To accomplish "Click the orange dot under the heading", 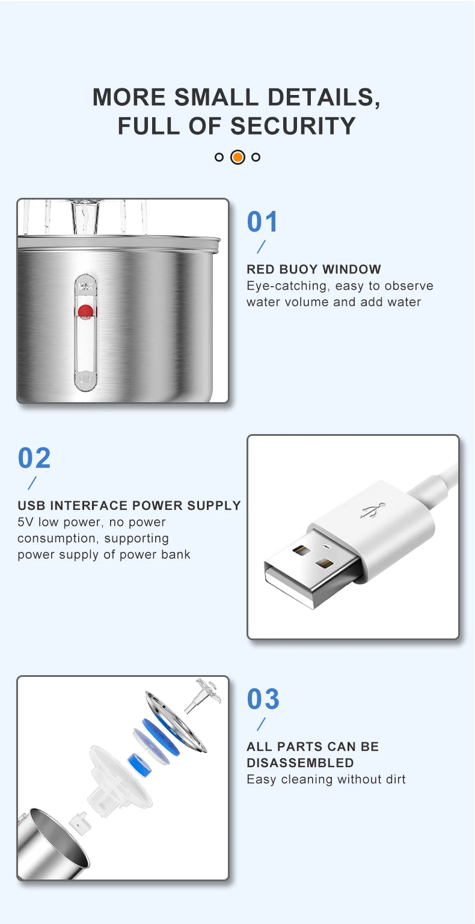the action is coord(237,157).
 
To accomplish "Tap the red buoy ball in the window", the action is coord(85,311).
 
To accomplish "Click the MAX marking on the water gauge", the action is coord(85,286).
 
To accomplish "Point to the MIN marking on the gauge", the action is coord(86,378).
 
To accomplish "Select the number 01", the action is coord(263,222).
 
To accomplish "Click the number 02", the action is coord(34,458).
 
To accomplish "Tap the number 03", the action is coord(263,699).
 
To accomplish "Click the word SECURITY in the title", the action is coord(293,126).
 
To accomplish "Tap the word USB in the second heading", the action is coord(31,506).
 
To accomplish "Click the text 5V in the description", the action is coord(26,522).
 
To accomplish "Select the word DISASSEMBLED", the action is coord(300,763).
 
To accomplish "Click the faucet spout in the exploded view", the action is coord(203,695).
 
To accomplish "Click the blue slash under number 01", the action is coord(261,246).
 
